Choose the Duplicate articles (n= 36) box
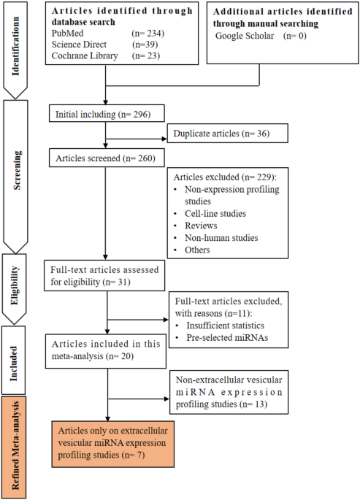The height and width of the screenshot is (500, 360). pos(227,134)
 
